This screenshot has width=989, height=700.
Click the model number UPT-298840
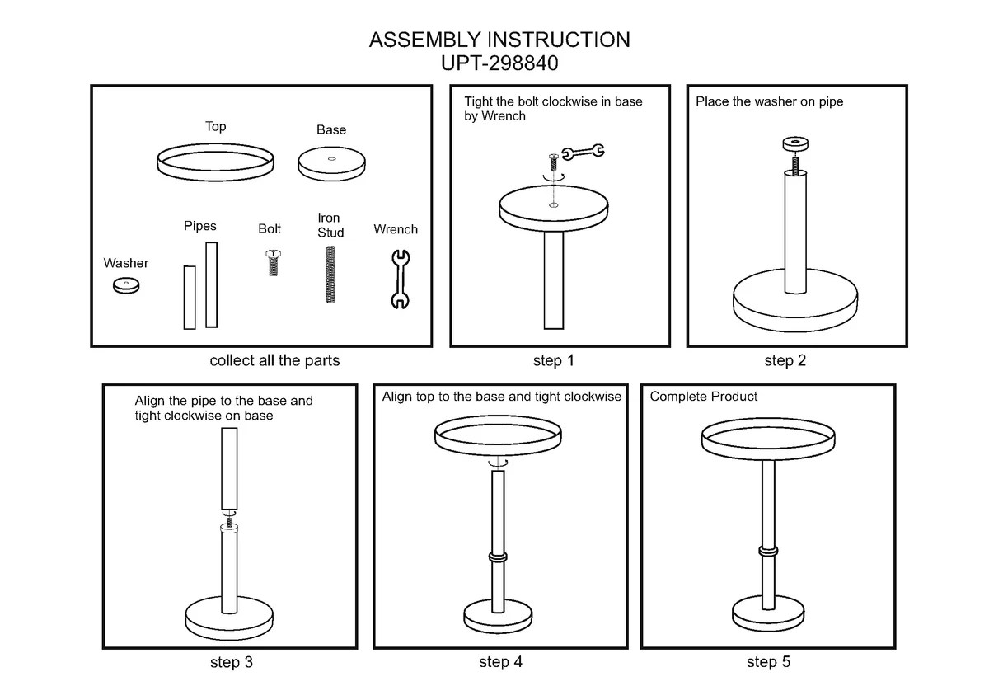click(x=499, y=63)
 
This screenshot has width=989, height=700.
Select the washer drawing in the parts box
click(x=126, y=286)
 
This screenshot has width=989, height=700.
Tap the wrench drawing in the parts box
click(x=398, y=279)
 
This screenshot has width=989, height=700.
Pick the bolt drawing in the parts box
click(x=272, y=261)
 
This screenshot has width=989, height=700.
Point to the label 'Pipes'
click(x=199, y=226)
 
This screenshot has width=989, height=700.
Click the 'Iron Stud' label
click(x=330, y=225)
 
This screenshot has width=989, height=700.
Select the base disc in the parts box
click(x=331, y=163)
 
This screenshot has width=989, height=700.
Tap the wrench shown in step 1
click(x=582, y=151)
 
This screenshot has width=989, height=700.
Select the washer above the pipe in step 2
click(x=795, y=144)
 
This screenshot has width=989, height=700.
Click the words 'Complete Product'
click(x=703, y=397)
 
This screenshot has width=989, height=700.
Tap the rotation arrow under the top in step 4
click(x=496, y=465)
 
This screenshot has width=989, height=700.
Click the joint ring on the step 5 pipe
click(x=767, y=551)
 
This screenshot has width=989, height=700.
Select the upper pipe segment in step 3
click(x=229, y=470)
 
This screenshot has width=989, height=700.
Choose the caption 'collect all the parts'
click(x=274, y=360)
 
